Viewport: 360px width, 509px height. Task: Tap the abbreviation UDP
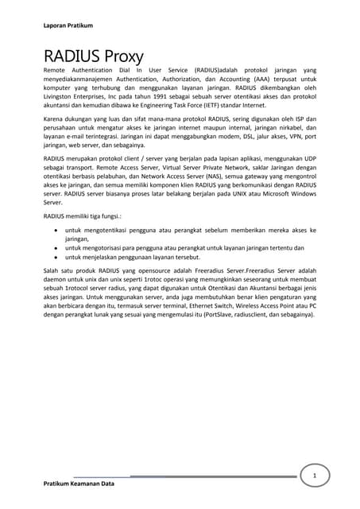[308, 160]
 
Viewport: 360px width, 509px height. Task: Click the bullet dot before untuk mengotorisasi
[54, 247]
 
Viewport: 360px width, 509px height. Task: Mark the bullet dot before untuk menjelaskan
[54, 257]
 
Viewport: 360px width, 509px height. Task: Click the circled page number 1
[315, 475]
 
